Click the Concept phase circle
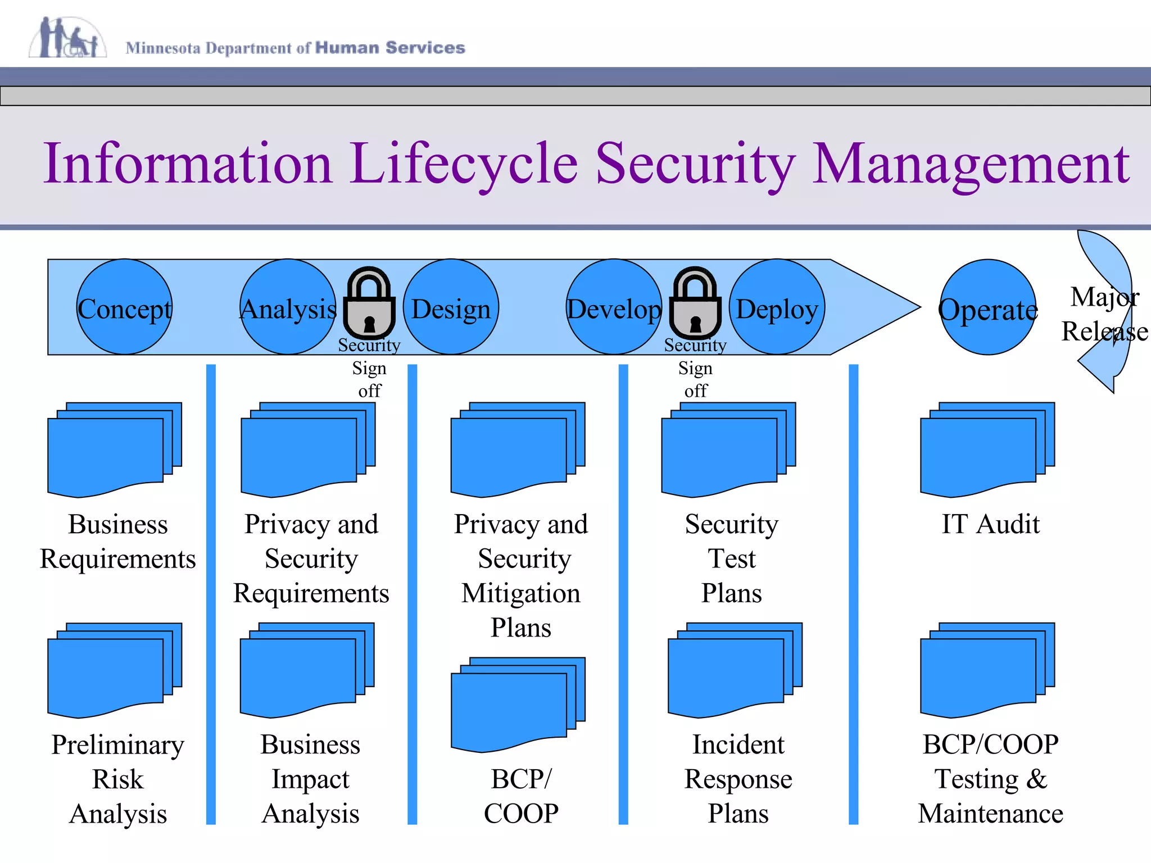click(x=124, y=307)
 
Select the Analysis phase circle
click(x=288, y=307)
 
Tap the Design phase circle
click(x=451, y=307)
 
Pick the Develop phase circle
click(x=614, y=307)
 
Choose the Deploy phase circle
click(x=777, y=307)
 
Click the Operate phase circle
click(x=988, y=307)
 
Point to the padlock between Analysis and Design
click(x=369, y=303)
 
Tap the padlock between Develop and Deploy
click(x=695, y=303)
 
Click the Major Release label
click(x=1104, y=314)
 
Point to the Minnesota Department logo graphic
click(x=67, y=38)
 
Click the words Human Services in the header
click(x=390, y=48)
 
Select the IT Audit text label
click(x=990, y=524)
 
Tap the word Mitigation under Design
click(x=521, y=593)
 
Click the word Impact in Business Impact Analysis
click(x=310, y=779)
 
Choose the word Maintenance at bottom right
click(x=990, y=814)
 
